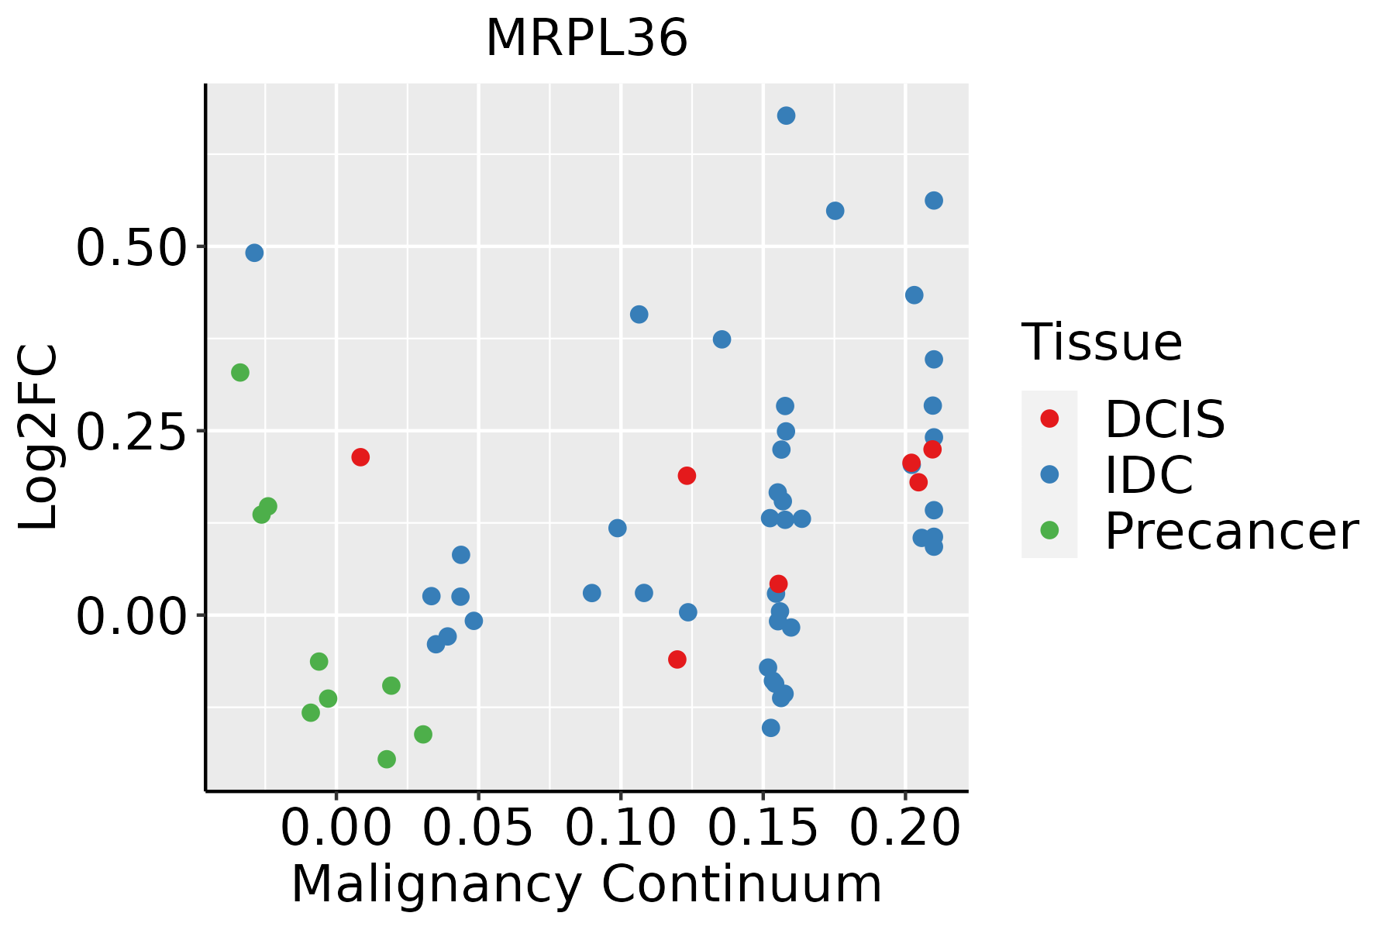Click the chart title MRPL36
(587, 38)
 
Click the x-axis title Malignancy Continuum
(587, 884)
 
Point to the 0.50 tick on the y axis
(131, 248)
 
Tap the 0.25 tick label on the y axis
(131, 432)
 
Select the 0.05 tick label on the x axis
(477, 828)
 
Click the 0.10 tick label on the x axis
(620, 828)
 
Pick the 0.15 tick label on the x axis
(763, 828)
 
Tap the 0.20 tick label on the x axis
(905, 828)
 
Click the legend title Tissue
(1101, 342)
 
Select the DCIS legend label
(1164, 419)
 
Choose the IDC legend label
(1149, 475)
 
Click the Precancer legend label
(1231, 531)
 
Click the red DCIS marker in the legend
(1049, 418)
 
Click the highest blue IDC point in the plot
(786, 115)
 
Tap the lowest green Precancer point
(387, 759)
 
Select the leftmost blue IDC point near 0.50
(254, 253)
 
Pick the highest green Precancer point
(240, 373)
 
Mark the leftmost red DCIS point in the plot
(360, 457)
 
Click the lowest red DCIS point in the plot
(677, 660)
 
